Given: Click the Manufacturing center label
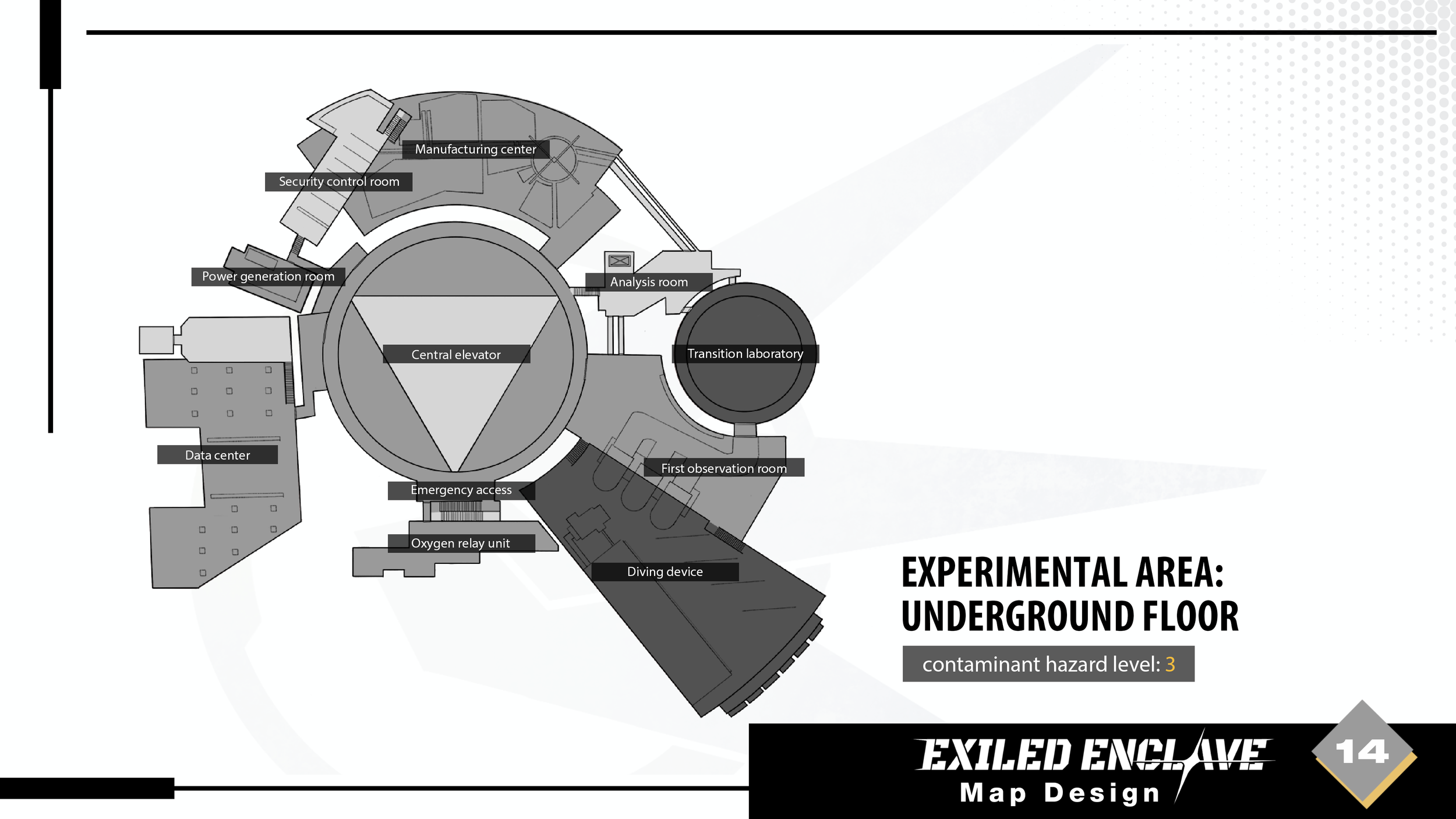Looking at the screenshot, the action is point(475,149).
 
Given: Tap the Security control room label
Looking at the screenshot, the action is point(338,182).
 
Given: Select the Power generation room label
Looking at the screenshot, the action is point(268,276).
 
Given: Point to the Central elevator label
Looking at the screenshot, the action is point(456,354).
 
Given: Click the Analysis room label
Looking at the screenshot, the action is point(649,282).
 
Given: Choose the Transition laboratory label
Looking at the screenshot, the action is point(745,354).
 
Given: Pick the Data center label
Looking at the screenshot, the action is point(217,455).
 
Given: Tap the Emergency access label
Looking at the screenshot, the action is point(461,490).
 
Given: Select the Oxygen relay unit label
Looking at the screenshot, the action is point(461,543).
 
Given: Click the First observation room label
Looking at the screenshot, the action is point(723,468).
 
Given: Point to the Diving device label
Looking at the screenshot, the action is point(665,571).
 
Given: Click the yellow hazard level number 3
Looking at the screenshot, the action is point(1169,664).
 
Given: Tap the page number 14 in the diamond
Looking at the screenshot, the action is point(1362,752).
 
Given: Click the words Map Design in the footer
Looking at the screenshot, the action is point(1059,793).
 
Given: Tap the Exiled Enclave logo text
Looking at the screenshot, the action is point(1092,755).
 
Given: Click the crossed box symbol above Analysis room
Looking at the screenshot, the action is point(619,261).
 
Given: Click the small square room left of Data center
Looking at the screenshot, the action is point(156,340).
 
